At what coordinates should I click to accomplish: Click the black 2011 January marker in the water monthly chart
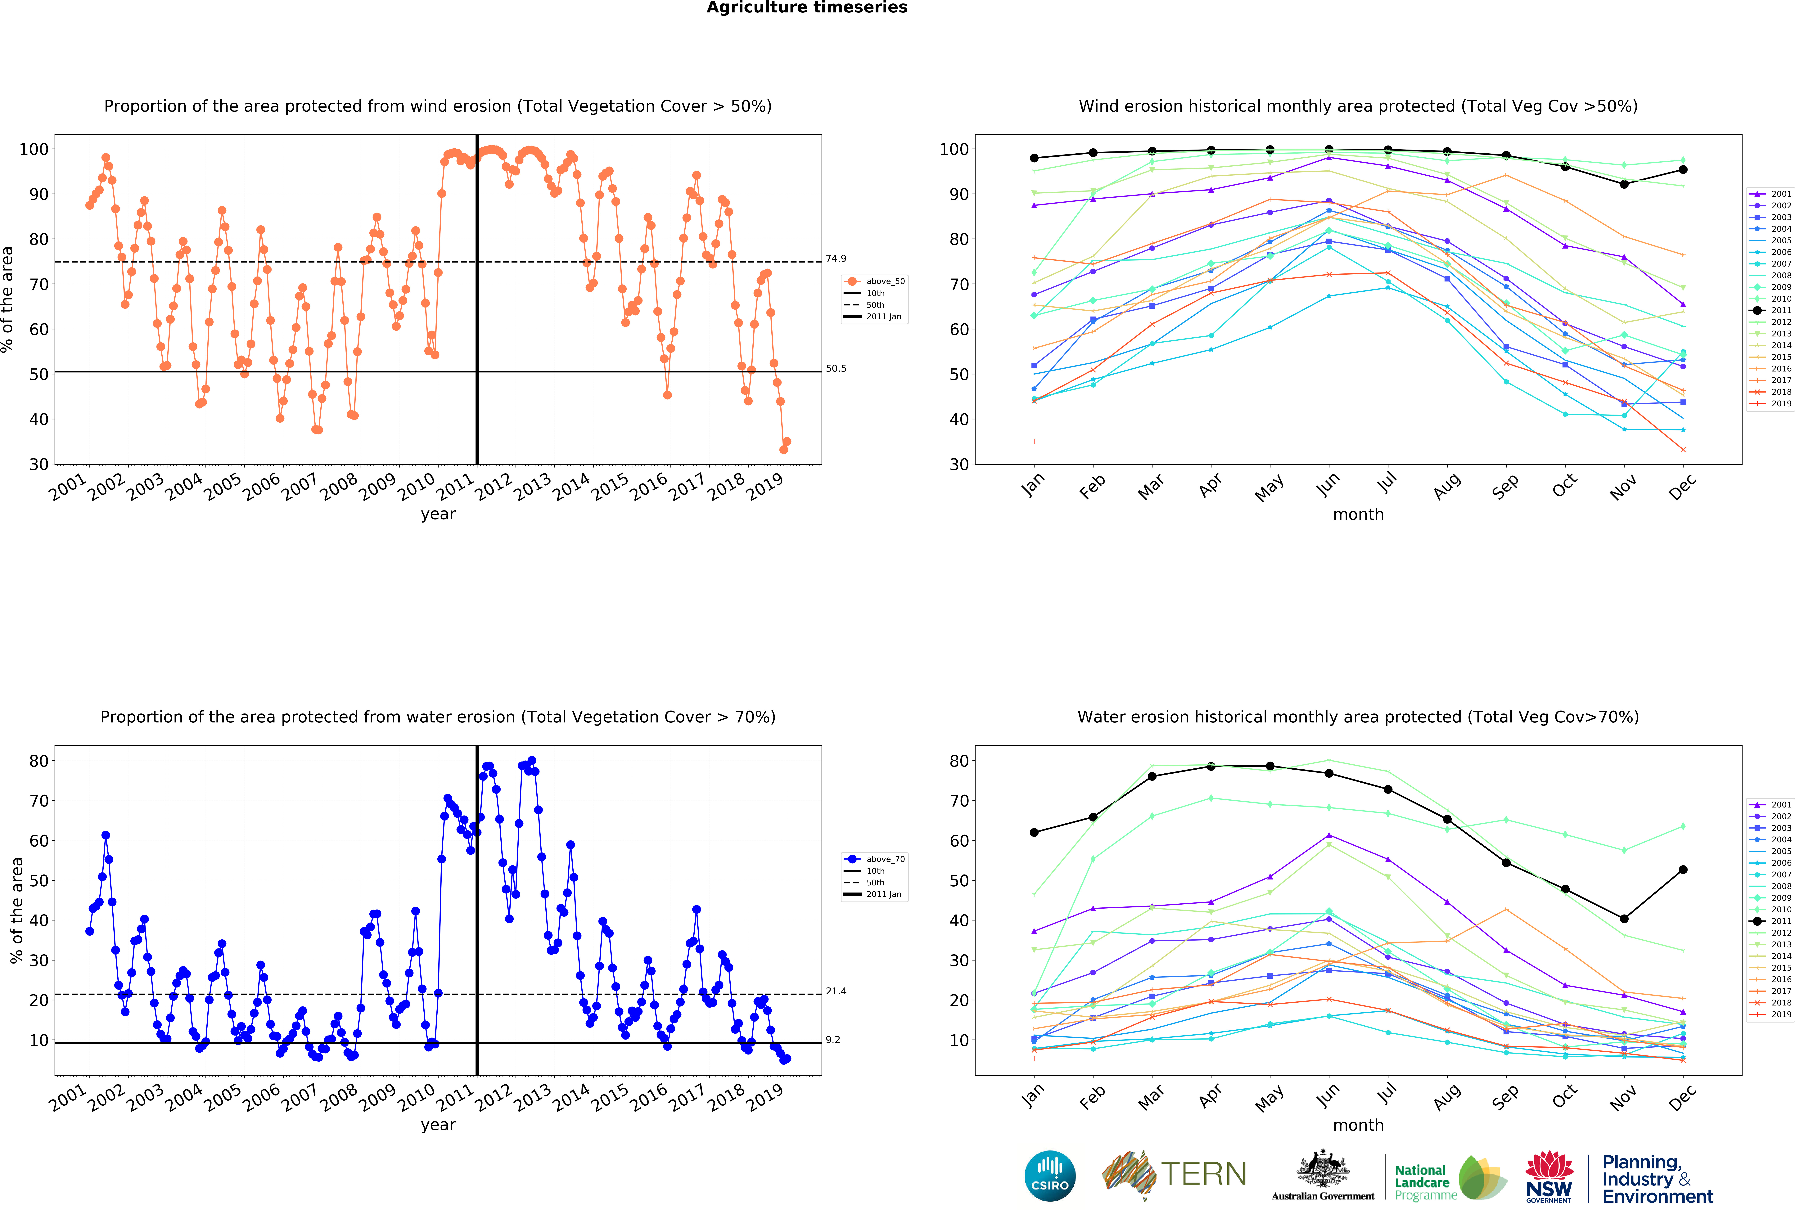[1034, 832]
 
